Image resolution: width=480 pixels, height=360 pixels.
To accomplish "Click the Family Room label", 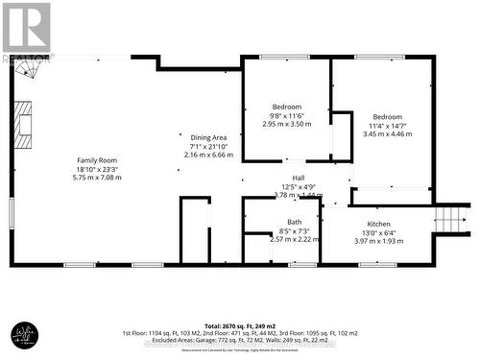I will pos(97,160).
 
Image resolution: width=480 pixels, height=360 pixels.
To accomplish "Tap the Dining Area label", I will pos(208,138).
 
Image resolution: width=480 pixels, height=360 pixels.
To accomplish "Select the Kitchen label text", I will pos(377,224).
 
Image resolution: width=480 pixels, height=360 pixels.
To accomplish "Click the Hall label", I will pos(299,179).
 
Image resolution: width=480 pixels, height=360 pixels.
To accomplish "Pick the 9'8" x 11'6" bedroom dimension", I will pos(287,115).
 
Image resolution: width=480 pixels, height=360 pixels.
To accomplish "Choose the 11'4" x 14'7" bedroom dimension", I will pos(388,126).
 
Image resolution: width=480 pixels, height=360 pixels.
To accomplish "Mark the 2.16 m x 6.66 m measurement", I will pos(208,155).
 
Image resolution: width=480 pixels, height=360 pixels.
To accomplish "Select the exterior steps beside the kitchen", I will pos(449,219).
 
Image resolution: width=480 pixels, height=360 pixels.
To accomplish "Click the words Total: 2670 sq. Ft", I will pos(217,323).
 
